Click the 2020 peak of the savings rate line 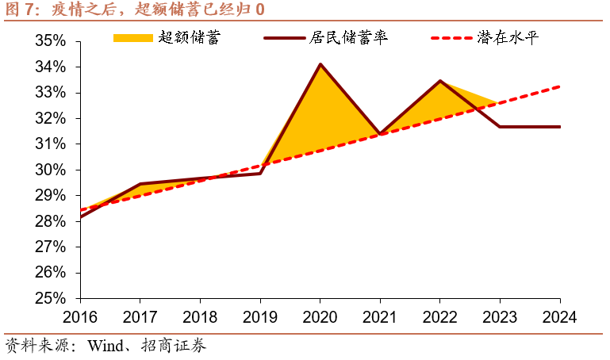(x=320, y=64)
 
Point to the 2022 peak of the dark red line (x=440, y=81)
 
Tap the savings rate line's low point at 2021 (x=380, y=134)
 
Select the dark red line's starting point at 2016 (x=80, y=216)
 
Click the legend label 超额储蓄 (x=190, y=38)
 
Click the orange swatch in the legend (x=132, y=38)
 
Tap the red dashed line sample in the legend (x=451, y=38)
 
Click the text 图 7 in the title (x=19, y=10)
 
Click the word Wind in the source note (x=105, y=346)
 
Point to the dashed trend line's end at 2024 (x=560, y=86)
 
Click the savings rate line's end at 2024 (x=560, y=127)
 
